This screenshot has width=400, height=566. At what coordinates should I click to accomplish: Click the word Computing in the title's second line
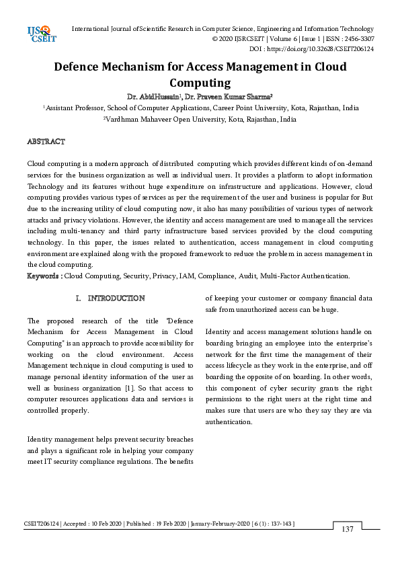point(200,83)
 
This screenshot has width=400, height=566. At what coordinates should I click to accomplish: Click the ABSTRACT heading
point(46,142)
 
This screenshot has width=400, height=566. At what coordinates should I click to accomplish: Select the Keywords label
point(44,276)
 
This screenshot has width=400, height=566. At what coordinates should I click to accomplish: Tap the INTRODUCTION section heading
point(115,298)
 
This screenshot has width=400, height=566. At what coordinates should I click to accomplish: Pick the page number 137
point(347,530)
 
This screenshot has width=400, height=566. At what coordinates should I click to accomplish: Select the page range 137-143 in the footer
point(281,523)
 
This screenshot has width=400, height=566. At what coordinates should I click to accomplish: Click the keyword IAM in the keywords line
point(188,276)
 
